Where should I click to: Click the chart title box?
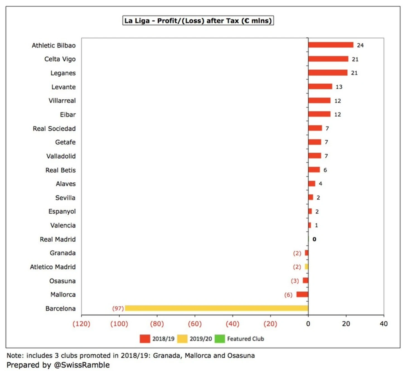198,21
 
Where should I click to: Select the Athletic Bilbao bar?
331,45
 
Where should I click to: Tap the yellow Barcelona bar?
216,308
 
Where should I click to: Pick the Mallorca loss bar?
302,294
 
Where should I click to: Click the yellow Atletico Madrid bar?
306,267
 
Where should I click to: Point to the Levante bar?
320,87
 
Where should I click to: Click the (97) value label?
118,308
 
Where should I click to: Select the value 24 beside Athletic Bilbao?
360,45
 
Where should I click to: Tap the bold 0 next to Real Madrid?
314,239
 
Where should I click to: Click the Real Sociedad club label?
54,128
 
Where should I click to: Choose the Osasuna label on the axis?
62,281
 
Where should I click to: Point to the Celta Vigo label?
60,59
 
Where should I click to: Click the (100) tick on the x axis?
119,324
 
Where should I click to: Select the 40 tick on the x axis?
384,324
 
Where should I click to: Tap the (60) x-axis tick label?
195,324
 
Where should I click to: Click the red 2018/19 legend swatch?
145,339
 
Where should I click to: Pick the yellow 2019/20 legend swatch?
182,339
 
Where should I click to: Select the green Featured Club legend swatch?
220,339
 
